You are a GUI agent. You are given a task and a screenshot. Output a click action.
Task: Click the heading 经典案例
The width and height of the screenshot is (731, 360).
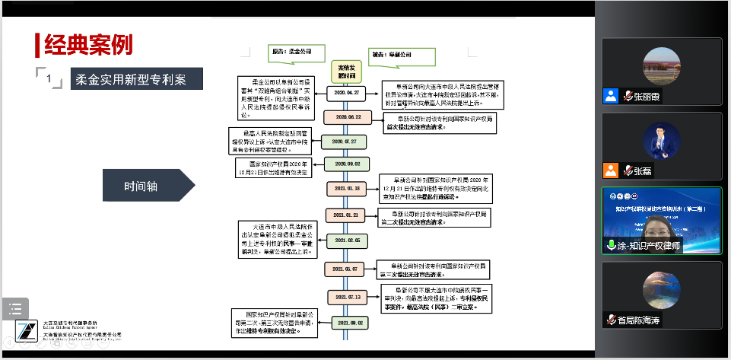click(x=88, y=44)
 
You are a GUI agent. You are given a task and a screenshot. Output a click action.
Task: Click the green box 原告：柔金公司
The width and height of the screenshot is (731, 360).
click(x=295, y=54)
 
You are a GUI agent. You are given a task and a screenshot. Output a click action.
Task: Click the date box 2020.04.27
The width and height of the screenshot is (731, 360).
click(x=347, y=92)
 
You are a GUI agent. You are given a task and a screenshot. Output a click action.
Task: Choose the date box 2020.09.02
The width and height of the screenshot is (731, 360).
click(x=347, y=164)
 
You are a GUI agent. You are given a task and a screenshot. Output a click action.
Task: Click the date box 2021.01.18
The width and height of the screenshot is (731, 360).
click(x=347, y=187)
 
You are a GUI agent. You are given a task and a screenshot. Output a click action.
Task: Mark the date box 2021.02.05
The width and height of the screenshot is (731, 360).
click(x=347, y=240)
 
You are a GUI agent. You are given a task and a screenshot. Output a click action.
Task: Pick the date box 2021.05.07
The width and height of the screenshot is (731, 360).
click(x=346, y=269)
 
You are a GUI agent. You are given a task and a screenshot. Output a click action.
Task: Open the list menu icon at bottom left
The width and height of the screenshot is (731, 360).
click(x=14, y=308)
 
